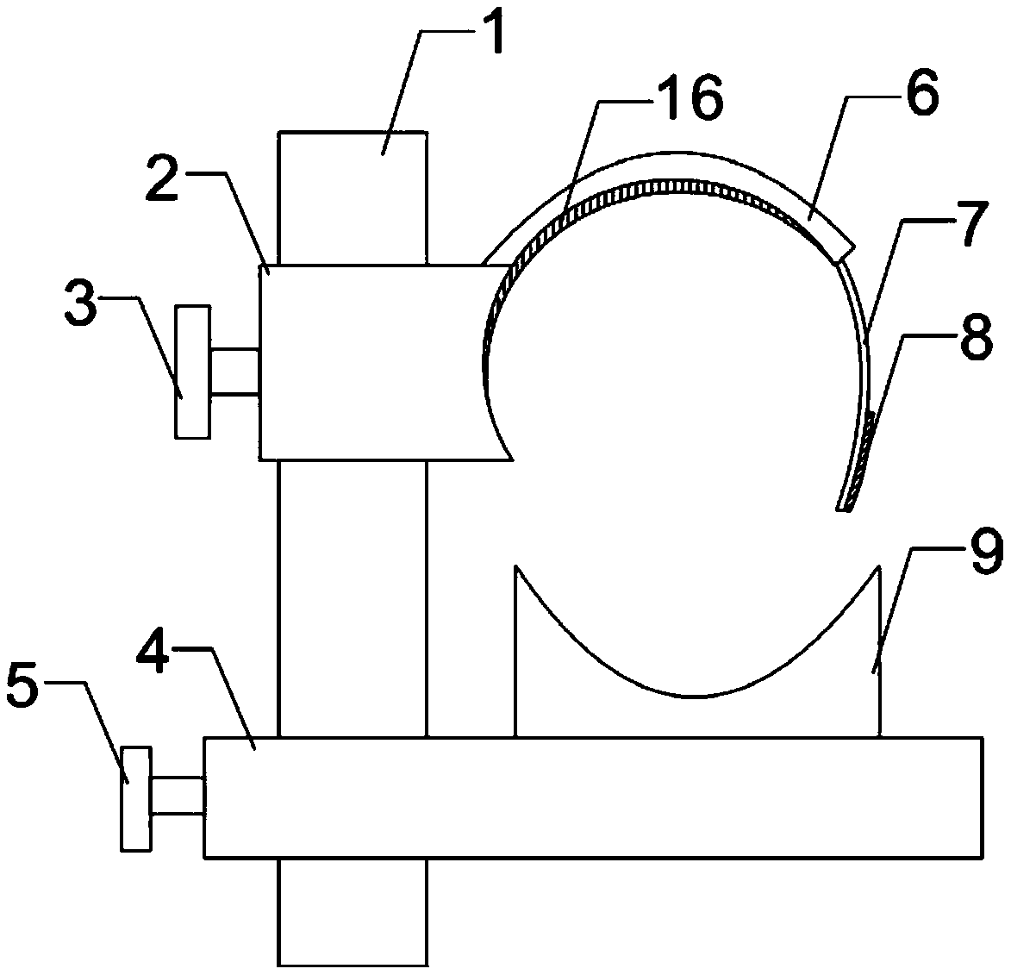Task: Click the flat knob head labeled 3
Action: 192,372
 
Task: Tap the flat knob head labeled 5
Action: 136,800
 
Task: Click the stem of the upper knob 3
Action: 234,372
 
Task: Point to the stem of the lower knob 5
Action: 178,796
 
